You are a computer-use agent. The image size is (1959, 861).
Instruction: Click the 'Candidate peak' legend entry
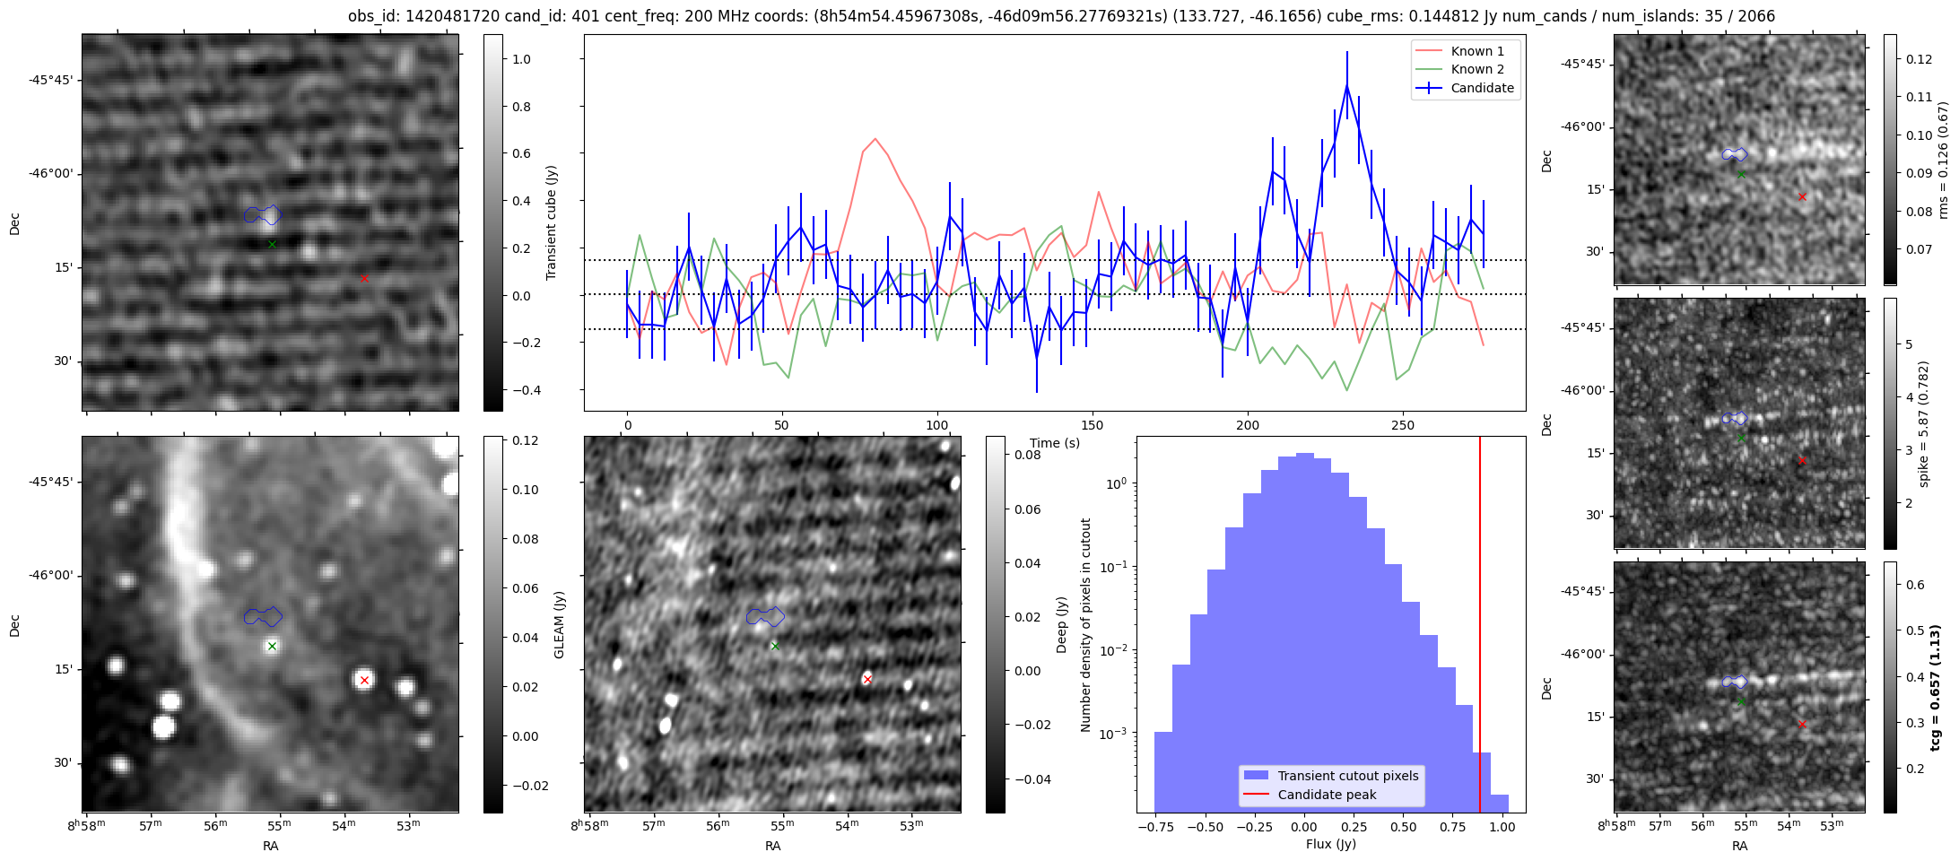pyautogui.click(x=1327, y=795)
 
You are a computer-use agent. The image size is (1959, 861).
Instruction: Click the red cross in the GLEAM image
pyautogui.click(x=364, y=680)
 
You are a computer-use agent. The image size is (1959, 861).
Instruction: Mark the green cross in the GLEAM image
pyautogui.click(x=272, y=646)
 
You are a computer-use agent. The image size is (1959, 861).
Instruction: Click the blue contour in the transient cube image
pyautogui.click(x=263, y=214)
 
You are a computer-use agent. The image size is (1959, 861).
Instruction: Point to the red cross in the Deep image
pyautogui.click(x=867, y=679)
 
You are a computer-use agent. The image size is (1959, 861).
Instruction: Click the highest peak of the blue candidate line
pyautogui.click(x=1346, y=85)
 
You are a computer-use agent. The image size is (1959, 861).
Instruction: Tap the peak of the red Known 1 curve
pyautogui.click(x=875, y=138)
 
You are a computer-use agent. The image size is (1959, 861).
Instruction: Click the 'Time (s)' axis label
pyautogui.click(x=1055, y=443)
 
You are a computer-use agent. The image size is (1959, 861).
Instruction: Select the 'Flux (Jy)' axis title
pyautogui.click(x=1331, y=844)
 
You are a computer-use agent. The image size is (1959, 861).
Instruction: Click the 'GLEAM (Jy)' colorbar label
pyautogui.click(x=560, y=624)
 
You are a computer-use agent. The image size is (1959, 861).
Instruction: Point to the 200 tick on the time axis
pyautogui.click(x=1248, y=425)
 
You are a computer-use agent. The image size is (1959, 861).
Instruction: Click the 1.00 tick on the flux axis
pyautogui.click(x=1501, y=827)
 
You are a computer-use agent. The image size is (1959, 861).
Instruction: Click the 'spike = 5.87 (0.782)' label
pyautogui.click(x=1923, y=424)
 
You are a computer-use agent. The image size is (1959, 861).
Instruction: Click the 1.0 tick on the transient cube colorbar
pyautogui.click(x=521, y=59)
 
